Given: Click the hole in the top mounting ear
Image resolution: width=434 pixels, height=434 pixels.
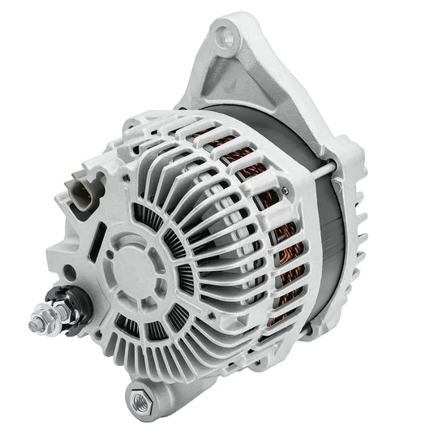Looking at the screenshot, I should pos(226,35).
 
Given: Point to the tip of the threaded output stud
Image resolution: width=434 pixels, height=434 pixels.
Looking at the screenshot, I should pos(34,325).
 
